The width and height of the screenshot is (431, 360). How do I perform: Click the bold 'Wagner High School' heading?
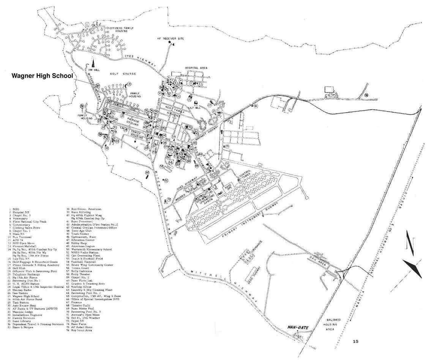pyautogui.click(x=42, y=76)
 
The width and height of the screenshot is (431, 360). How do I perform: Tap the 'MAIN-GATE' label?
pyautogui.click(x=297, y=326)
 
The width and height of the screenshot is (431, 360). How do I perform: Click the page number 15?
pyautogui.click(x=355, y=341)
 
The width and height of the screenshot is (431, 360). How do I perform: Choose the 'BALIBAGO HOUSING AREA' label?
pyautogui.click(x=332, y=325)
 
